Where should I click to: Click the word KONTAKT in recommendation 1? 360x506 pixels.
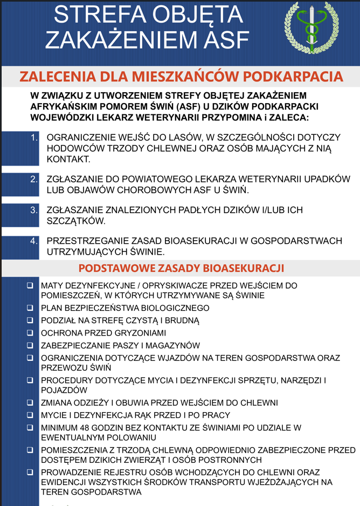coord(68,160)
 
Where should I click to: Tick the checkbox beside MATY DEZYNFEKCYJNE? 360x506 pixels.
coord(30,285)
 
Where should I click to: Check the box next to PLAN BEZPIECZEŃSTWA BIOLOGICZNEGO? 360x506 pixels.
coord(30,308)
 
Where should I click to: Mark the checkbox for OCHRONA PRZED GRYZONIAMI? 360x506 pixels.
coord(30,333)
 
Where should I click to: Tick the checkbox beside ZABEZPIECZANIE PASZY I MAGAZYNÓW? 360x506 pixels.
coord(30,345)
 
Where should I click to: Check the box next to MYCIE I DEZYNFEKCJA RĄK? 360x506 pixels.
coord(30,415)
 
